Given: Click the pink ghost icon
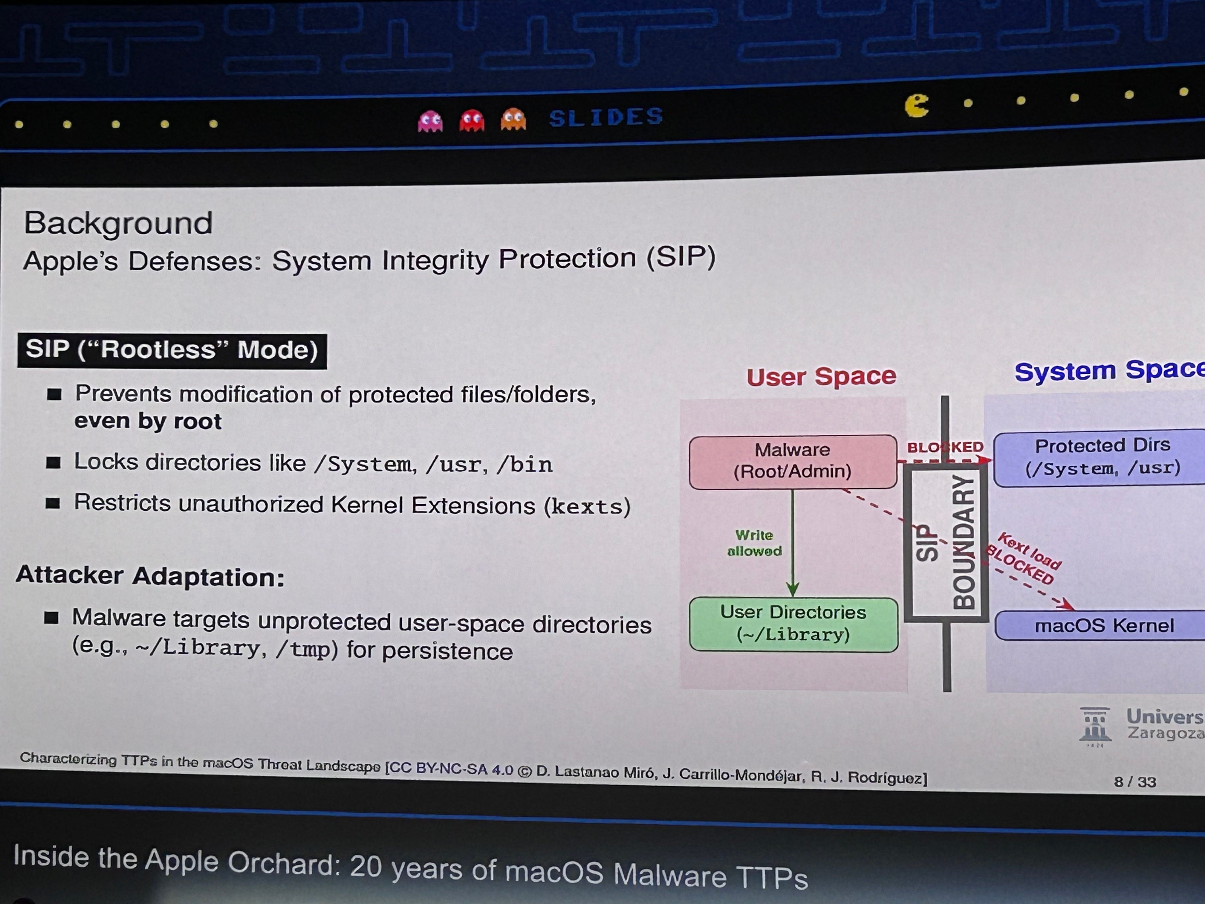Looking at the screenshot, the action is point(430,121).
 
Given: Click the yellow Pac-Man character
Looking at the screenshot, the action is point(917,106).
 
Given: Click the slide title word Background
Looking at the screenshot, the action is point(118,223).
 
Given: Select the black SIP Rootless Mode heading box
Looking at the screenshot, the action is point(172,350).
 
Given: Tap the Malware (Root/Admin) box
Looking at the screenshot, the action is point(793,461).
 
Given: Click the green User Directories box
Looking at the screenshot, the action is point(793,624).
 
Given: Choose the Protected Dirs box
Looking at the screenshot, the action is point(1100,458).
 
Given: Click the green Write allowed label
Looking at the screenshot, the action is point(755,543).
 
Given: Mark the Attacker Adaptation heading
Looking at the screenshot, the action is point(150,576).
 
